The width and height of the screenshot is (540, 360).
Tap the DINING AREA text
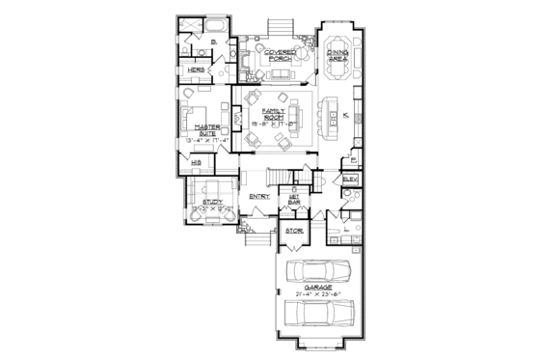coord(337,55)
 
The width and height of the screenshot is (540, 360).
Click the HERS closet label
coord(194,70)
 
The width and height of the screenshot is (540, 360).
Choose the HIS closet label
coord(196,164)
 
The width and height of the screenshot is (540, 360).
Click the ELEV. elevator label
coord(349,180)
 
